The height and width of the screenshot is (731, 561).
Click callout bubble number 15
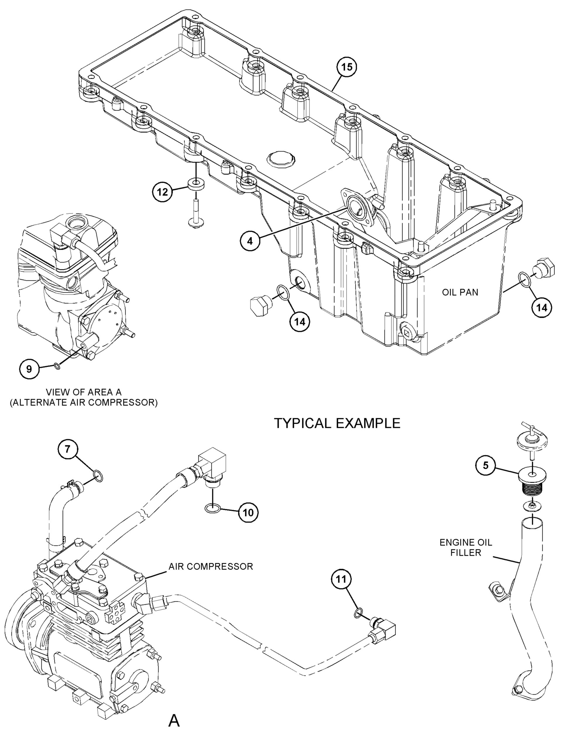[x=346, y=67]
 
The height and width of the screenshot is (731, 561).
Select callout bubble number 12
[x=163, y=192]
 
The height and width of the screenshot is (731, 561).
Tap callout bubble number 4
[x=250, y=241]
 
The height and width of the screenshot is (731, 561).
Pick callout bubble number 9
[x=29, y=369]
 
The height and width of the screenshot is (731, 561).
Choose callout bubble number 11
[x=341, y=580]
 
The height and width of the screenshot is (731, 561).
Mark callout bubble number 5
[x=486, y=466]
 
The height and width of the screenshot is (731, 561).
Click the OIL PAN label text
[x=460, y=292]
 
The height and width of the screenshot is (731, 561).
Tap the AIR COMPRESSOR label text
[x=211, y=566]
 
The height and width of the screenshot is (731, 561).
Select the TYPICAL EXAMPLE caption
[x=337, y=423]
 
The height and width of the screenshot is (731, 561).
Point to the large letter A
[x=174, y=718]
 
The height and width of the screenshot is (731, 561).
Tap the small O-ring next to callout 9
[x=57, y=367]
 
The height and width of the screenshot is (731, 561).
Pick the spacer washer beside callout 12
[x=196, y=185]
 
